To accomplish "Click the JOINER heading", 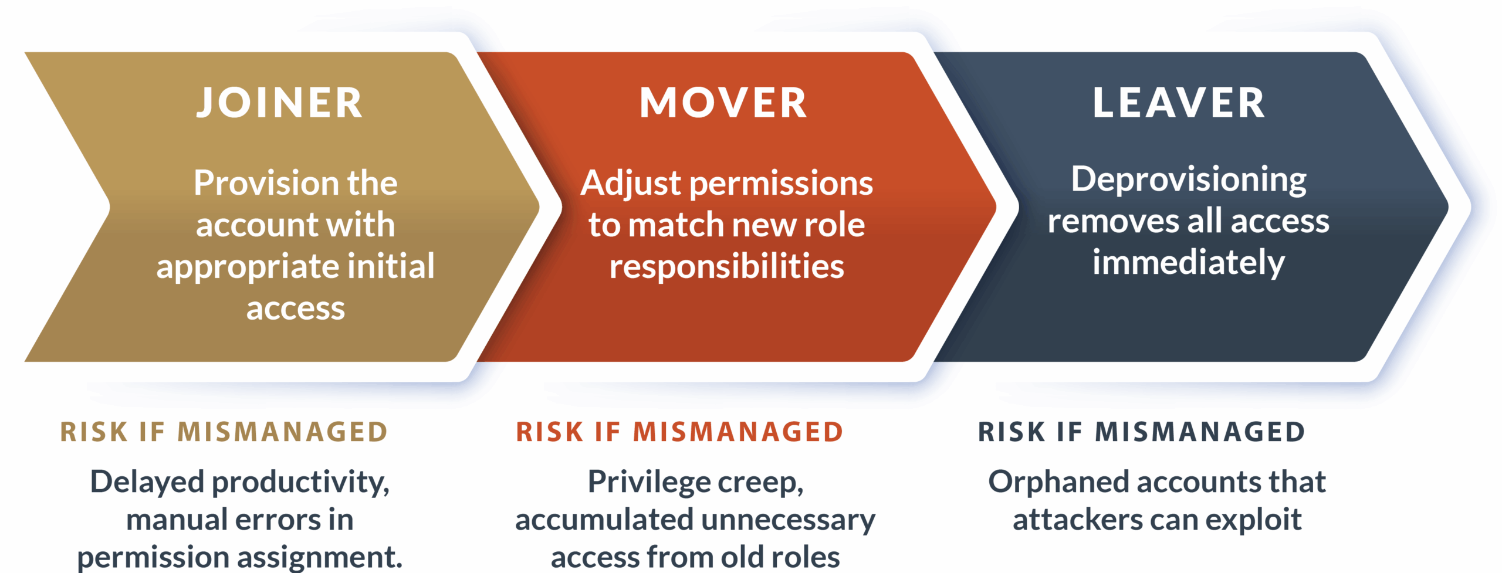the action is click(x=279, y=103).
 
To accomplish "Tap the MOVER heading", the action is click(x=723, y=103).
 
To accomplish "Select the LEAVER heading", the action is click(x=1178, y=103).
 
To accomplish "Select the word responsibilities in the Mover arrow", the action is click(x=726, y=267).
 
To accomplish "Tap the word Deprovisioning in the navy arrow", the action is click(x=1189, y=180).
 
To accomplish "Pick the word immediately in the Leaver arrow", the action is click(x=1189, y=263).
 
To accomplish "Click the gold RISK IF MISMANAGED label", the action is click(x=224, y=432).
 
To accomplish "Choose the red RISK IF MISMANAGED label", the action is click(x=679, y=432).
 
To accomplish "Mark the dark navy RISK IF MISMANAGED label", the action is click(x=1141, y=432).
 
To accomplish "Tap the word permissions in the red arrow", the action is click(x=781, y=184).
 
